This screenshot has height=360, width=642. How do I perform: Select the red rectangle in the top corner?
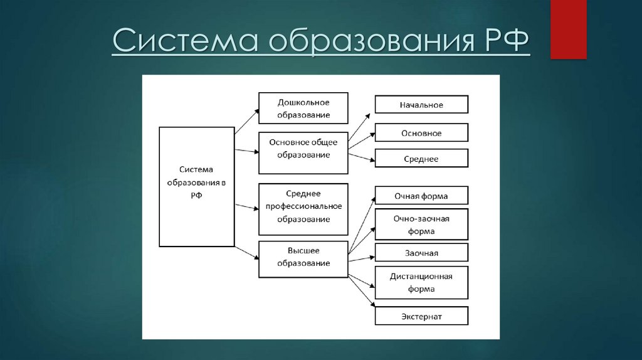tap(568, 29)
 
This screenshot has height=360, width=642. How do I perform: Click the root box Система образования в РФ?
tap(197, 186)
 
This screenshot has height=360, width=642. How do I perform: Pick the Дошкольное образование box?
tap(303, 109)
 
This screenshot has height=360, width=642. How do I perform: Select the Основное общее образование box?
tap(303, 152)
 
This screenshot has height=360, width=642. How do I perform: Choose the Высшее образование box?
tap(303, 258)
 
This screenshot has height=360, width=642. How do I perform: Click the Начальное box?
tap(421, 105)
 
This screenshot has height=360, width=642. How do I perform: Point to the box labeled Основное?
tap(421, 133)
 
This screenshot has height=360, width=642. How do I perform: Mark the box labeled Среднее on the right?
tap(421, 159)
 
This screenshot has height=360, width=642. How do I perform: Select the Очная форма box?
tap(421, 196)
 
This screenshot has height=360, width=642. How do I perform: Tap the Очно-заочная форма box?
tap(421, 225)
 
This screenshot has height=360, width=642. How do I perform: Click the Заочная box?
tap(421, 253)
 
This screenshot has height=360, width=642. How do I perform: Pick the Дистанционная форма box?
tap(421, 282)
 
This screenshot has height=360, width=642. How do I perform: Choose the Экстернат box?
tap(421, 316)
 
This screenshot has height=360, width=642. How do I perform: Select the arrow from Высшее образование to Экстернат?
tap(362, 292)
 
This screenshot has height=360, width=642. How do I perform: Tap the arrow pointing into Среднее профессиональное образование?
tap(246, 205)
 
